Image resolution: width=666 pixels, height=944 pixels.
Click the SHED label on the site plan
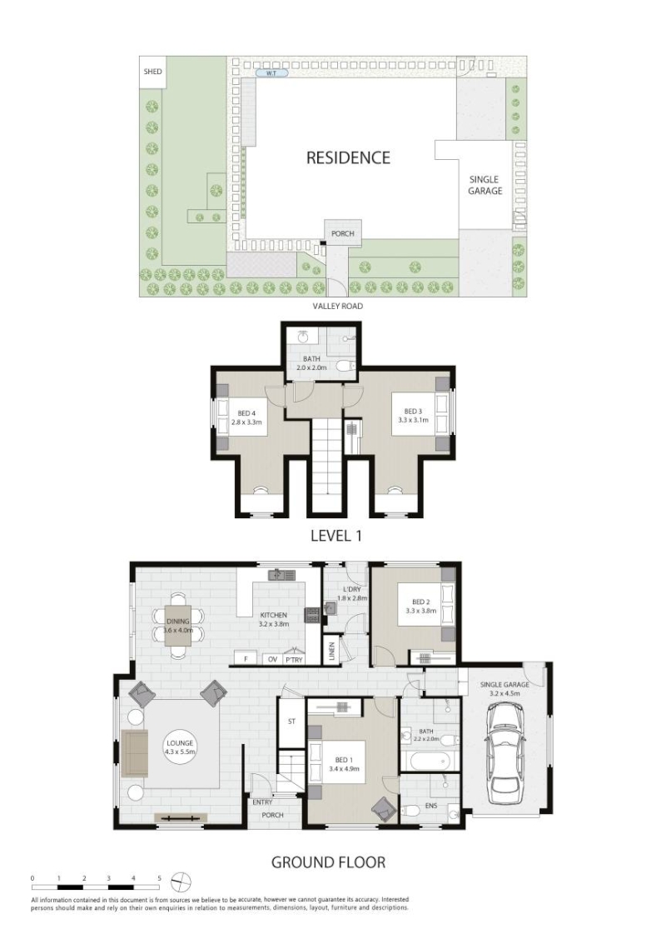[153, 72]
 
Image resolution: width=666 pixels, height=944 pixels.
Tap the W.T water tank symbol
[271, 73]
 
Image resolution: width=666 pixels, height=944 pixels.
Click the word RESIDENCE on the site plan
[348, 157]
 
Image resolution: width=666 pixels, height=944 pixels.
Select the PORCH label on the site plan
[343, 233]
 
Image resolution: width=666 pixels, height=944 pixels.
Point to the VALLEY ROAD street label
[337, 306]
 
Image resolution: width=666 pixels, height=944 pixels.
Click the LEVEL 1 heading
[336, 535]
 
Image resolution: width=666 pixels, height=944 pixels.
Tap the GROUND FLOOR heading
[328, 862]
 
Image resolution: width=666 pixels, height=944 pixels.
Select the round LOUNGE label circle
[179, 747]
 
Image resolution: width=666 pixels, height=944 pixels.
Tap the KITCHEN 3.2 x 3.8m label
[274, 620]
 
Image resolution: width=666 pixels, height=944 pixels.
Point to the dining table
[178, 626]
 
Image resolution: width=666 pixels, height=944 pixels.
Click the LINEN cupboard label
[331, 652]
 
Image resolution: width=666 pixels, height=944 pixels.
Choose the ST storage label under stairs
[291, 722]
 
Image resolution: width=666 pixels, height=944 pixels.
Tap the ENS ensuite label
[430, 805]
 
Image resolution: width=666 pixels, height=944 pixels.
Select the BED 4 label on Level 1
[246, 417]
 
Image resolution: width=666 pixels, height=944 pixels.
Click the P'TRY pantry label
[294, 660]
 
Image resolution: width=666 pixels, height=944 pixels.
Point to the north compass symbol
[181, 882]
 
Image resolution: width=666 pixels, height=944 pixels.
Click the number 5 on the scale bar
[160, 878]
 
